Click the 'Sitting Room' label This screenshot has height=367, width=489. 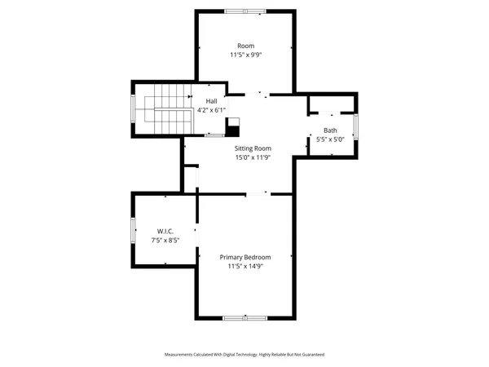coord(253,148)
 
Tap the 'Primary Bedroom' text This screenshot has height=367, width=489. coord(244,257)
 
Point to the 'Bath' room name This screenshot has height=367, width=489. coord(330,130)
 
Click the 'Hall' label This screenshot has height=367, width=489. coord(210,101)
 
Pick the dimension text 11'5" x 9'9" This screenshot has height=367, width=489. coord(244,55)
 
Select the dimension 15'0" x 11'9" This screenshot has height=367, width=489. coord(253,157)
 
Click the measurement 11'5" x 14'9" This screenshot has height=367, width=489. coord(244,266)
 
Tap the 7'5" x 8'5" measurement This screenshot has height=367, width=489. coord(165,241)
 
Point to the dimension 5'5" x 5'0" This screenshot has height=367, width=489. coord(330,139)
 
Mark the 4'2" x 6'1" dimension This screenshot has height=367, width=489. coord(210,110)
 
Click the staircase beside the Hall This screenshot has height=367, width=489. coord(167,113)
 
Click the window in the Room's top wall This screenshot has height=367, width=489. coord(244,11)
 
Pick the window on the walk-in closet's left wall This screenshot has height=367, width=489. coord(134,229)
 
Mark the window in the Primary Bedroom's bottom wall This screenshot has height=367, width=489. coord(244,317)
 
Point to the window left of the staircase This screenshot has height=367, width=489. coord(134,108)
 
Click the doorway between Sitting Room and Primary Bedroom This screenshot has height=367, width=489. coord(257,193)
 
